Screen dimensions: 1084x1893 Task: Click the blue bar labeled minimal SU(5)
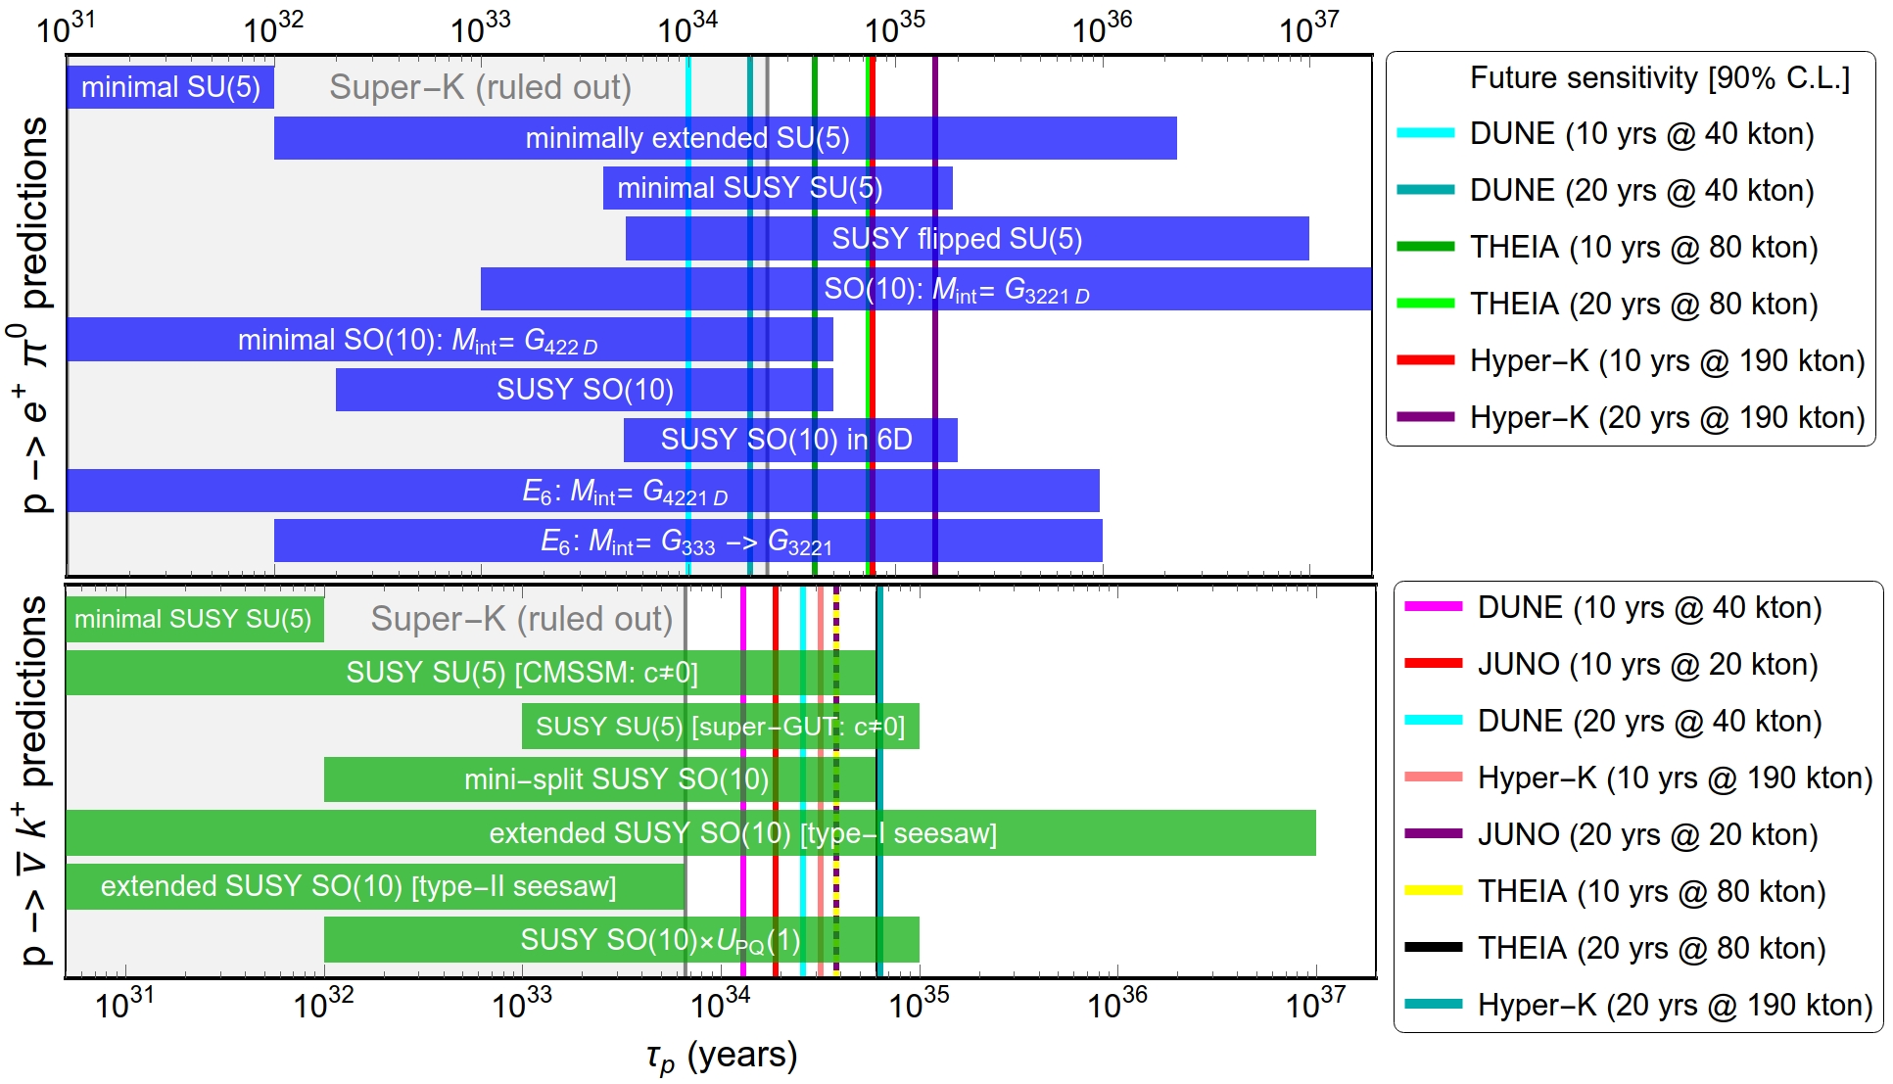click(x=169, y=88)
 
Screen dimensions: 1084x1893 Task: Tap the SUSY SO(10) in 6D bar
click(x=789, y=440)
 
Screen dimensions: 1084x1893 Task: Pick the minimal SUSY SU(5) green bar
click(x=194, y=620)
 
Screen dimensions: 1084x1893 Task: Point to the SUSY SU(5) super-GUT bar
click(x=720, y=727)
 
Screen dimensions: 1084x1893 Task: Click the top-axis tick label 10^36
click(x=1102, y=27)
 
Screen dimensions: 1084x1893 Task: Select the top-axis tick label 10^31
click(x=66, y=27)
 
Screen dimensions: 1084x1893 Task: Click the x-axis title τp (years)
click(x=722, y=1057)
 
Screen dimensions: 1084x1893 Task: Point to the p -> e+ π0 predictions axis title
click(x=33, y=315)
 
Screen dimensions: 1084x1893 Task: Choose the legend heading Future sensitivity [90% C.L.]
click(x=1660, y=78)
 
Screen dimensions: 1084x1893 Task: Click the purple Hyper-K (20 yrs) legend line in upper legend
click(x=1426, y=417)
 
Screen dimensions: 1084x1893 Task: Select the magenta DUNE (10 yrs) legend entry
click(x=1649, y=608)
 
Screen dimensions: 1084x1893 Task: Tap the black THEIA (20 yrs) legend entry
click(x=1651, y=948)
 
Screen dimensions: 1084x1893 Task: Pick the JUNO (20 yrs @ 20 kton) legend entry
click(x=1647, y=834)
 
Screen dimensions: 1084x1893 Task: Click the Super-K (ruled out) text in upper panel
click(x=480, y=88)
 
